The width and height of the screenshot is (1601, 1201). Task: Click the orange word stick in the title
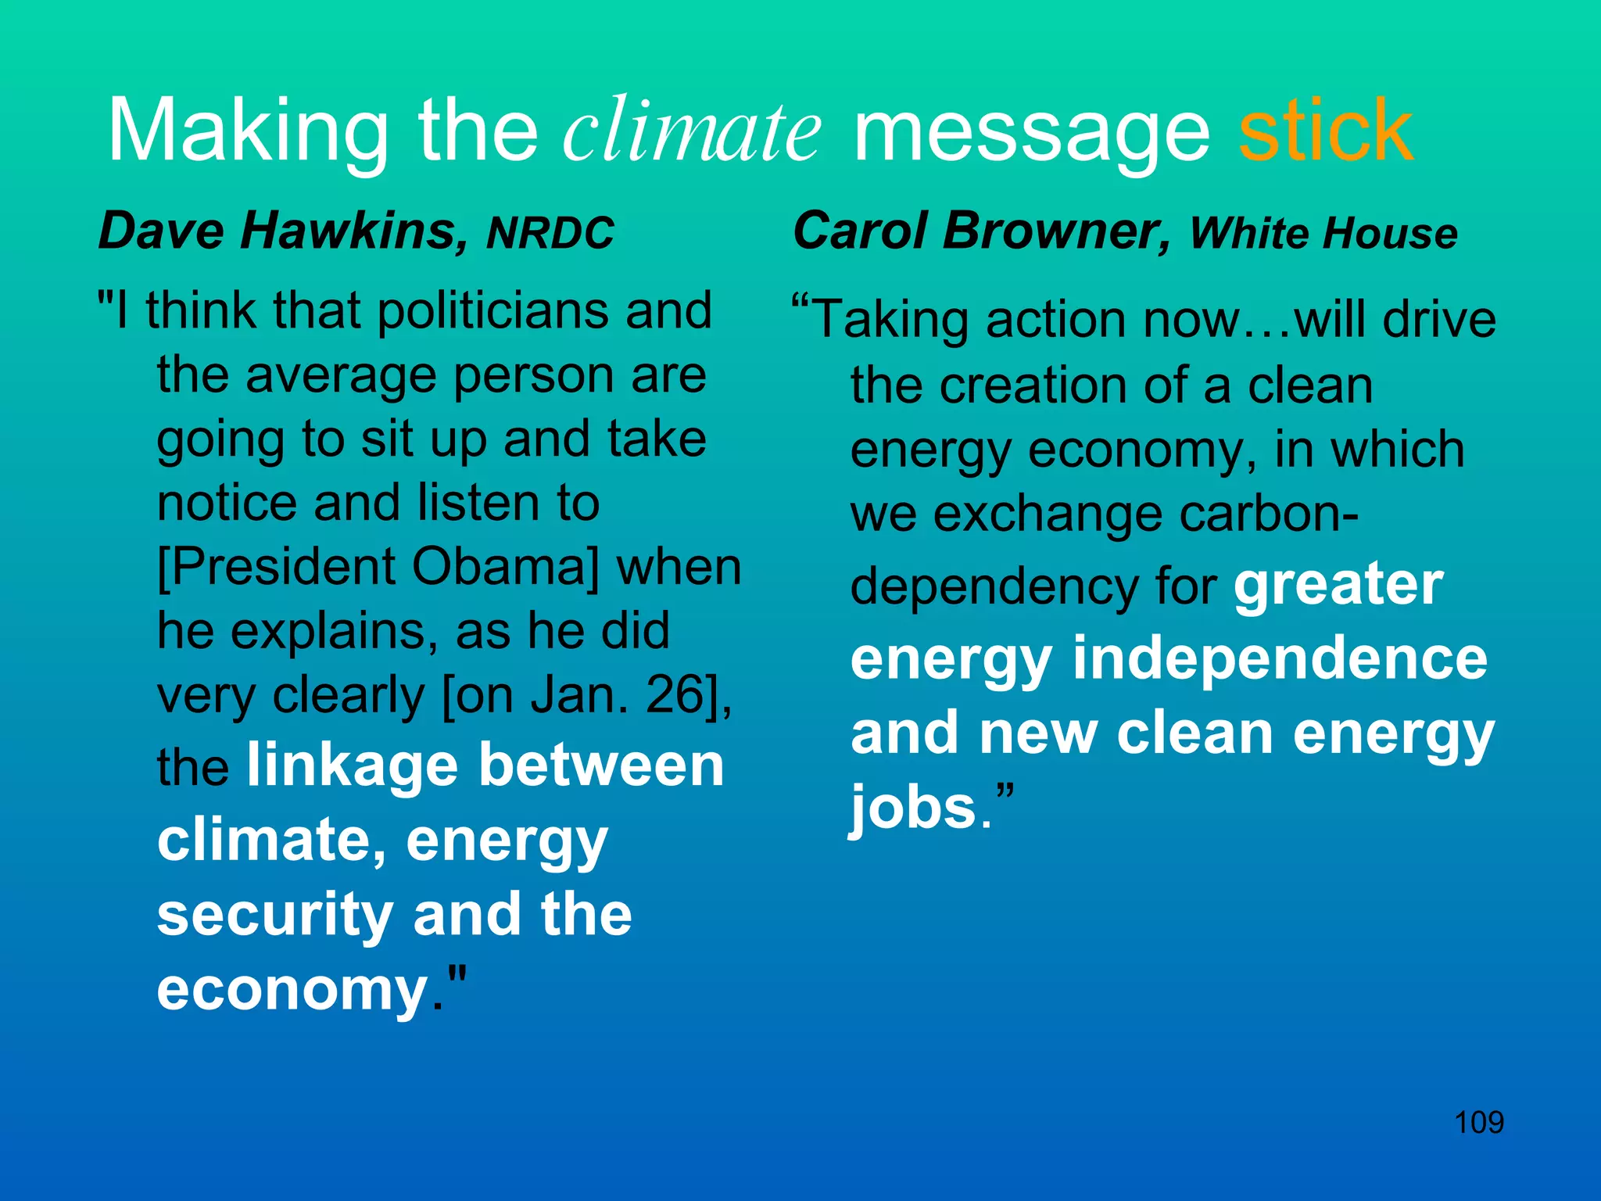click(1326, 130)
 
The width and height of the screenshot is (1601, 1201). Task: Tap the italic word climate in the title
click(692, 130)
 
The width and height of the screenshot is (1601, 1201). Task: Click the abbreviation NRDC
click(550, 234)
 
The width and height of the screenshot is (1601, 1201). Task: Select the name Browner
click(1057, 231)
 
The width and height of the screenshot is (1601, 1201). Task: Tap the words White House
click(1323, 234)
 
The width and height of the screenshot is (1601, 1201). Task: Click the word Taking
click(891, 321)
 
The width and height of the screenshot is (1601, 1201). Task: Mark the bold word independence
click(1280, 659)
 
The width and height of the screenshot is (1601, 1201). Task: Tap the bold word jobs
click(913, 808)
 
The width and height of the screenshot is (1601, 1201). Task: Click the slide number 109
click(1478, 1123)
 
